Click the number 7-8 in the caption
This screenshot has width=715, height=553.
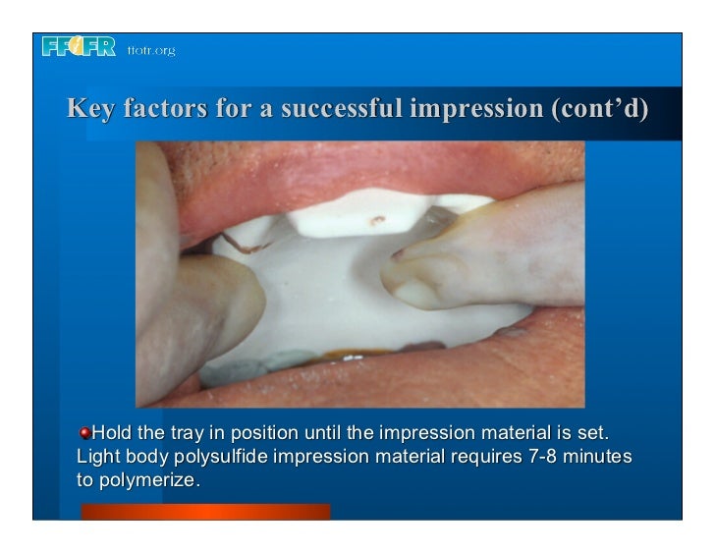tap(546, 458)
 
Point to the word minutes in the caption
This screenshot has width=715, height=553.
tap(602, 458)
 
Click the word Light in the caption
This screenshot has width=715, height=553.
tap(97, 458)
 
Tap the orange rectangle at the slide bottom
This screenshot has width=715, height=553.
tap(205, 512)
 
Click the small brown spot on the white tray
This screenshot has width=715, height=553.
tap(376, 209)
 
